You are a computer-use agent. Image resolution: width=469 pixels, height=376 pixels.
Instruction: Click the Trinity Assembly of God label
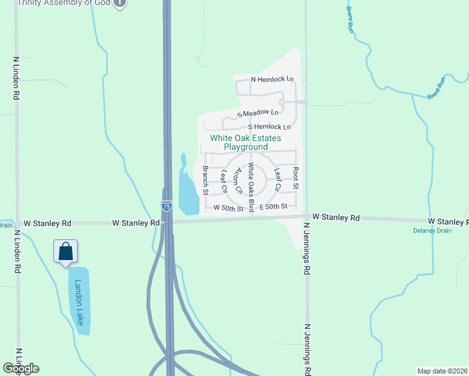point(63,3)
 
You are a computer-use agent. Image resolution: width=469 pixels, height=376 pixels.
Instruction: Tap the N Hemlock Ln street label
point(272,80)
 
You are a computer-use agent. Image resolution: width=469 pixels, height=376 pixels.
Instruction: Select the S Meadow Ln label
point(258,113)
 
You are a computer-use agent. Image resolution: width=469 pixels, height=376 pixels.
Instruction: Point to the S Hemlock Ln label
point(270,127)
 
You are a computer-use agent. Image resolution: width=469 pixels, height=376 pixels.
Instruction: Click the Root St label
point(295,178)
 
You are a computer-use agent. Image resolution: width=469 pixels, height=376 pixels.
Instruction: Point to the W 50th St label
point(228,207)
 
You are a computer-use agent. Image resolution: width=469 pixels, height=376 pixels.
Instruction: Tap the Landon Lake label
point(79,301)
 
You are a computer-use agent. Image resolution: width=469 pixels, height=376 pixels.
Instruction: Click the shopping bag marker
point(66,253)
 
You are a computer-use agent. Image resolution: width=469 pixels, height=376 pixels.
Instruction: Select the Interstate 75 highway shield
point(166,206)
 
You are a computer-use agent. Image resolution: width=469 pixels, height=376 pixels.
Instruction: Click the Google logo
point(21,368)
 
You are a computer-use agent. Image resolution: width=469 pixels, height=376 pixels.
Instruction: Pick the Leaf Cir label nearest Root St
point(278,179)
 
